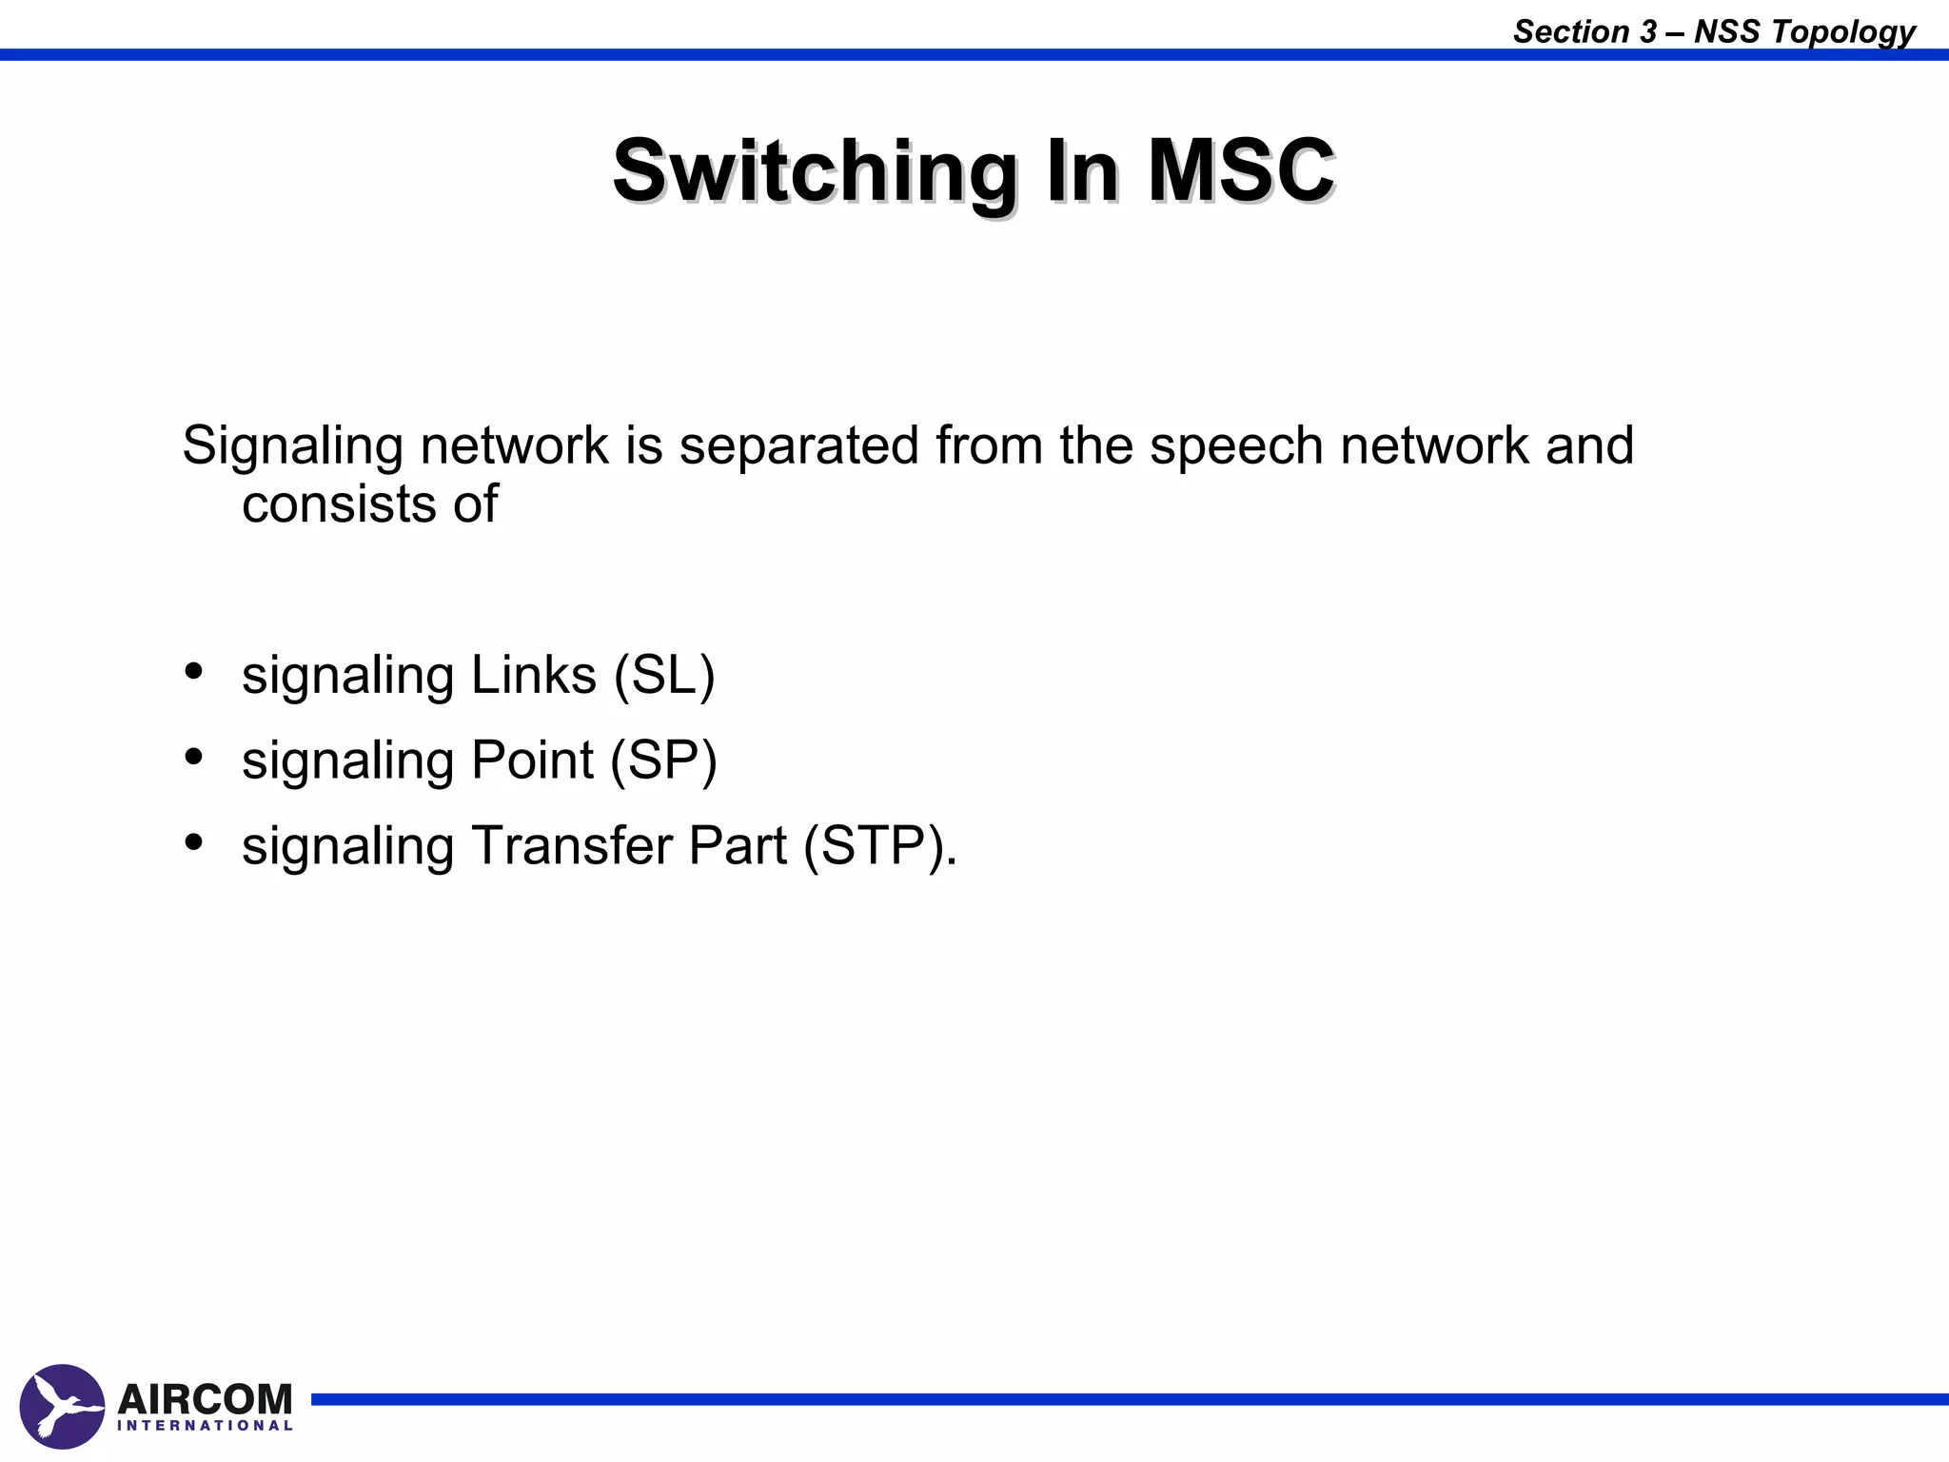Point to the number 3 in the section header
[x=1647, y=31]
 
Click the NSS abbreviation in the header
[x=1726, y=31]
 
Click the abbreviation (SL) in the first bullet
[x=664, y=676]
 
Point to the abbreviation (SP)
[x=663, y=761]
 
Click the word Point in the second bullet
[x=532, y=761]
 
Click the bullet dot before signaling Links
[x=194, y=672]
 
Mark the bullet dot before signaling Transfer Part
[x=194, y=842]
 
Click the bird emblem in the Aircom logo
[x=62, y=1406]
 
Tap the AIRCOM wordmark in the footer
[x=205, y=1399]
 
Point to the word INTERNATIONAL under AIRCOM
[x=205, y=1426]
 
